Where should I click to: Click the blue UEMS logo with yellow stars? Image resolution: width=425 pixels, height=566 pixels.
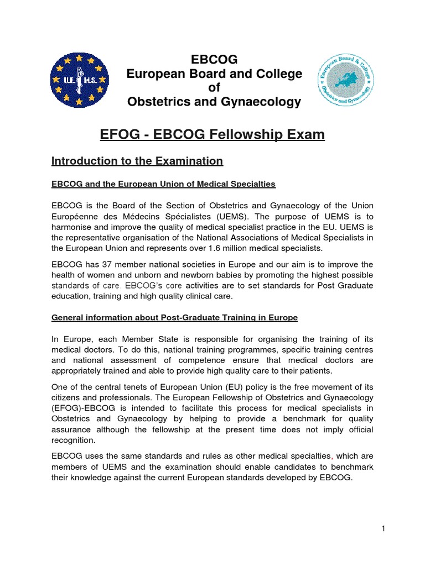(x=79, y=81)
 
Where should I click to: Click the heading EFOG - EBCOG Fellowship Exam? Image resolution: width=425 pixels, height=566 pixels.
(x=212, y=134)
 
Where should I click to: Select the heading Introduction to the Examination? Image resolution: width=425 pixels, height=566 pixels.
(x=137, y=161)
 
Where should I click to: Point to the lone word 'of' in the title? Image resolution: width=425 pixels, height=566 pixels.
(x=214, y=88)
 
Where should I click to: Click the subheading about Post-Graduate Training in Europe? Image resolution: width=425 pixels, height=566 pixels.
(x=174, y=318)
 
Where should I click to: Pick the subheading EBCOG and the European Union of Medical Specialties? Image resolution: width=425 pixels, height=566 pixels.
(x=163, y=184)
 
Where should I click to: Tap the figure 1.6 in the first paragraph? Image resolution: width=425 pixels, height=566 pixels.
(x=232, y=248)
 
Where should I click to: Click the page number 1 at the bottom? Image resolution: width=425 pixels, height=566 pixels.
(x=382, y=529)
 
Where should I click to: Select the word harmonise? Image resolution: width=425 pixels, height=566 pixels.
(x=75, y=227)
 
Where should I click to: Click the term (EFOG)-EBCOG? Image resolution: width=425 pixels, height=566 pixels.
(x=81, y=408)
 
